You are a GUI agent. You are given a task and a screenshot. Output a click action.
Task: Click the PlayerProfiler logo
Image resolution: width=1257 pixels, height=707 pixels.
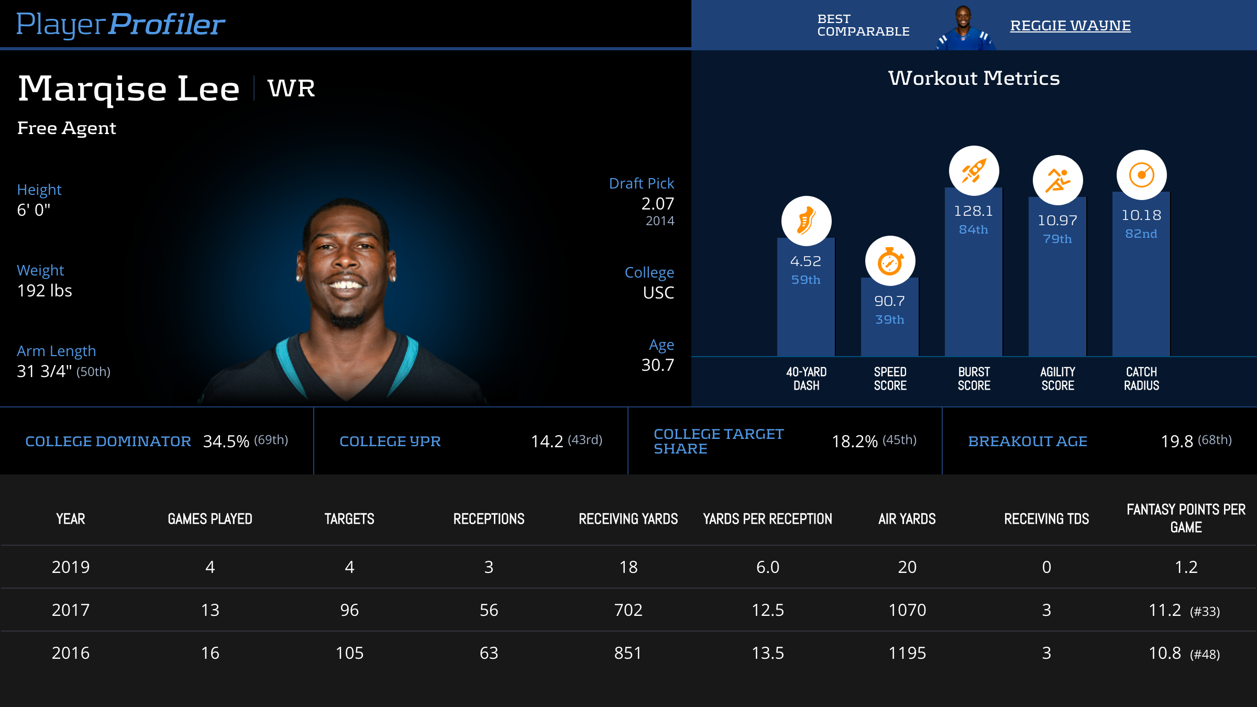120,25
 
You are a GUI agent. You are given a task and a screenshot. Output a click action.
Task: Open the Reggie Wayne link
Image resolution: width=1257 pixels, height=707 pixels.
1070,26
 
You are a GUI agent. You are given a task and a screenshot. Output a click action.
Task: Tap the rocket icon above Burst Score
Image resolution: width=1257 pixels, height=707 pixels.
974,171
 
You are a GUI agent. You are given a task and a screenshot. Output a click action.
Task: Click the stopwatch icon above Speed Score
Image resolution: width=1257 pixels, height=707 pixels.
890,261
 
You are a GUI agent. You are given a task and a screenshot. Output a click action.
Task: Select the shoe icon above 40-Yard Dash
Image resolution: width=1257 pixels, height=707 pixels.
806,221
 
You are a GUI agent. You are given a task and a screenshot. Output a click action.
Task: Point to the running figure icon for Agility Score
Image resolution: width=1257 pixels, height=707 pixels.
1057,180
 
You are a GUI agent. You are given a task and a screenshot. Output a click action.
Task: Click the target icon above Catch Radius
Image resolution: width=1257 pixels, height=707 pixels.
1141,175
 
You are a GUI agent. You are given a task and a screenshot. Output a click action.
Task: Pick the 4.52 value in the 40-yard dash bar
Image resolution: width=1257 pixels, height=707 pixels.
806,261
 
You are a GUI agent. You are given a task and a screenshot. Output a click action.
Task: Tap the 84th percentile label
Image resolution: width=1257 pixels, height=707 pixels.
973,229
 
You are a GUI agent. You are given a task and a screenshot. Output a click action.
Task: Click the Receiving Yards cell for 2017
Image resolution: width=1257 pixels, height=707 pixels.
628,610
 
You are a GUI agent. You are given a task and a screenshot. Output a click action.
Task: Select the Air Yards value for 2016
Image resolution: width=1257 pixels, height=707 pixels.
907,653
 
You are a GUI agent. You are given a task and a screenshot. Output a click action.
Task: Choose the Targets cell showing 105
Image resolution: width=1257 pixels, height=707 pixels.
349,653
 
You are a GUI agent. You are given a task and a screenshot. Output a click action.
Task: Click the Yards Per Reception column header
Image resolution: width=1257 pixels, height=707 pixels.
767,519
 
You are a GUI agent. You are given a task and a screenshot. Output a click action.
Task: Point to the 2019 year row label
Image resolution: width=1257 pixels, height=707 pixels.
71,567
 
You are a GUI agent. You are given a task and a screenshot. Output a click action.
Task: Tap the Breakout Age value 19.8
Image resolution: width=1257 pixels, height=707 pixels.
1177,441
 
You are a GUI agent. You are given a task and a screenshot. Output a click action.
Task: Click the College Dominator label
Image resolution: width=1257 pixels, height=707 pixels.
108,441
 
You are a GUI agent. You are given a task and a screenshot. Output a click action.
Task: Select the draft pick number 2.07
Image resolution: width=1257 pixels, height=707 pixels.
657,204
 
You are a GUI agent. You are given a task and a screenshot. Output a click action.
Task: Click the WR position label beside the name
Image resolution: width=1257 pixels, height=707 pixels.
291,88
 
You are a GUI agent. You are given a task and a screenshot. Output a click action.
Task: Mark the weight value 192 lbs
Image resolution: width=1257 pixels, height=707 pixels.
45,291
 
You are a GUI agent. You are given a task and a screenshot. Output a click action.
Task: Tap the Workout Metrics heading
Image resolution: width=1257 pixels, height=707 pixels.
974,79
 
